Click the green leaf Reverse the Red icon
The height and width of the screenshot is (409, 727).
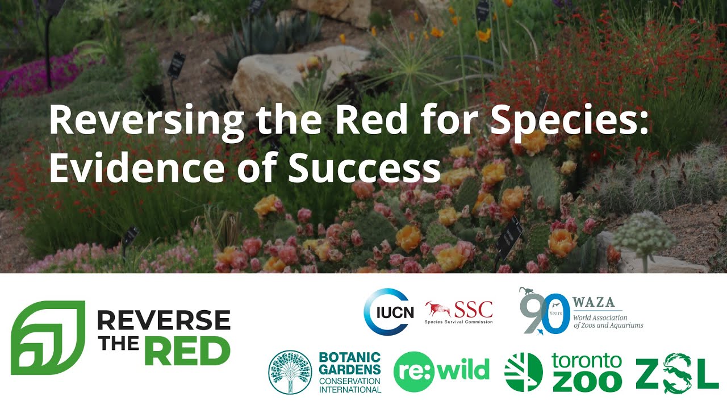pyautogui.click(x=48, y=337)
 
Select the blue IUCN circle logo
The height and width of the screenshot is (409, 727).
pyautogui.click(x=387, y=311)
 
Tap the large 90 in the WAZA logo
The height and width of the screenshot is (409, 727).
pyautogui.click(x=545, y=313)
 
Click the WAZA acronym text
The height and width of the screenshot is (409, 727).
pyautogui.click(x=594, y=302)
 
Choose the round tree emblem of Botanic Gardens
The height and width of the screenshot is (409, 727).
pyautogui.click(x=290, y=372)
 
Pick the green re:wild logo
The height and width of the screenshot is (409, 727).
pyautogui.click(x=441, y=372)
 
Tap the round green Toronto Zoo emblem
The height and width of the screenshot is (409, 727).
pyautogui.click(x=523, y=372)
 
